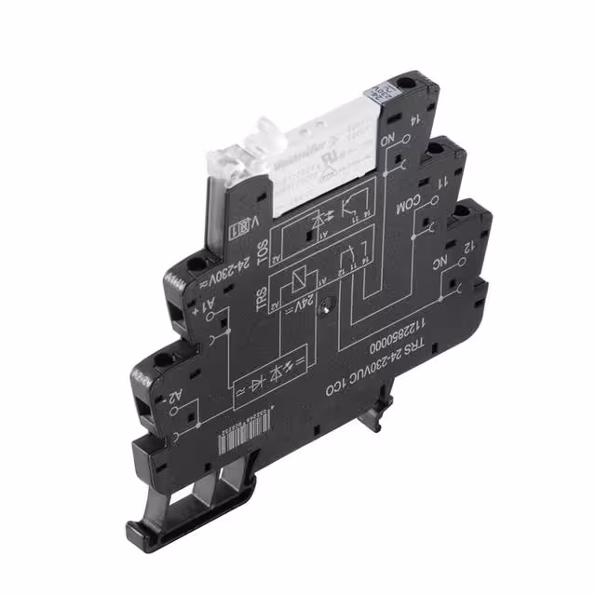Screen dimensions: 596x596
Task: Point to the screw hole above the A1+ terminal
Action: (x=196, y=265)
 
